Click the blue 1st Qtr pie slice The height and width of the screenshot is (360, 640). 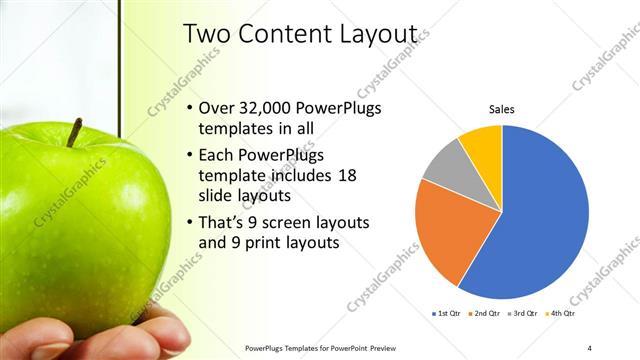545,215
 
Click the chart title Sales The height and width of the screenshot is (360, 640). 501,109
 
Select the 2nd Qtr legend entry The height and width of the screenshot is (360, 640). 485,313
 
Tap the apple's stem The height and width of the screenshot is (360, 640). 74,132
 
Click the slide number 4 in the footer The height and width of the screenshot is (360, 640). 590,348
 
